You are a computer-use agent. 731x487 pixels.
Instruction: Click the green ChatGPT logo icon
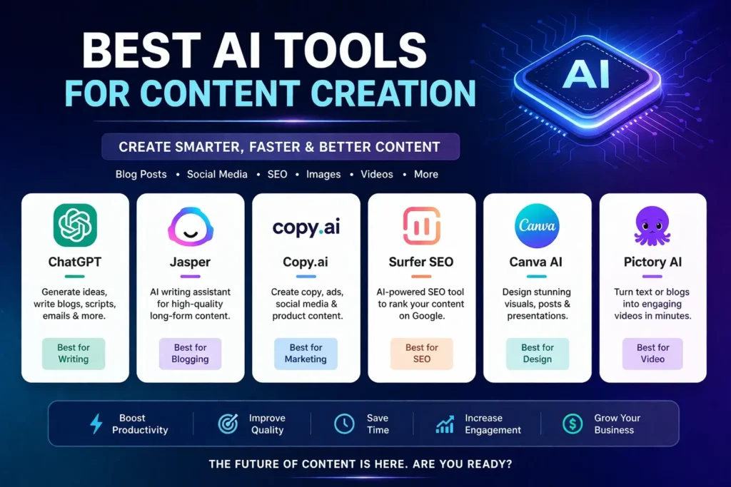pos(75,225)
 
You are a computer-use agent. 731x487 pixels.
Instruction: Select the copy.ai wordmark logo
pos(306,227)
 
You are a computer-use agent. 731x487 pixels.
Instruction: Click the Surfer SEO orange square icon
pos(421,226)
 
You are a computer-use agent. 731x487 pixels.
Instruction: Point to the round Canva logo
pos(537,226)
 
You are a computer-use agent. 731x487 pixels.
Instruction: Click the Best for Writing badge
pos(74,354)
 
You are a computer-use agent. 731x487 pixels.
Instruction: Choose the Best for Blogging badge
pos(190,354)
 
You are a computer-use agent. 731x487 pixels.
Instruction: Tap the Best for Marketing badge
pos(306,354)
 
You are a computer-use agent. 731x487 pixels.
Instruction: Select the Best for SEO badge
pos(421,354)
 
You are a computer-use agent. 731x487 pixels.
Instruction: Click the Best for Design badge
pos(537,354)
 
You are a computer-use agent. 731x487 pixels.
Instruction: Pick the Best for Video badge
pos(652,354)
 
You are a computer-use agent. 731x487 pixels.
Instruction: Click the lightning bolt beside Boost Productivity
pos(96,424)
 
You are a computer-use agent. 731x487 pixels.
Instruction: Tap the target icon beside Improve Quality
pos(228,424)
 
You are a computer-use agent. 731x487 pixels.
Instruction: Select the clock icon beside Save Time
pos(344,424)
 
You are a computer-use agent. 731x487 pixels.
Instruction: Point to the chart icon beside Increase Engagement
pos(445,424)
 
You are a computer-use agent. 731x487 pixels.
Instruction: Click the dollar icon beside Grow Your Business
pos(572,424)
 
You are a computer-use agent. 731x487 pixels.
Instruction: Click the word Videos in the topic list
pos(376,174)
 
